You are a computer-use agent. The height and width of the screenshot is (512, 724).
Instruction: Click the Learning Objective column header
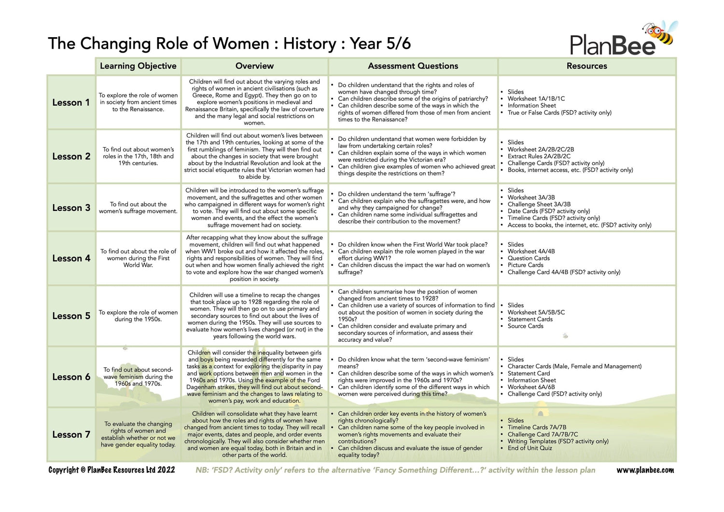[138, 66]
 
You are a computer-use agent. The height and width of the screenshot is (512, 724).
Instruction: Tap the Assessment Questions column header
[413, 66]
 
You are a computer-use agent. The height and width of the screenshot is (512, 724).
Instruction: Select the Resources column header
[586, 66]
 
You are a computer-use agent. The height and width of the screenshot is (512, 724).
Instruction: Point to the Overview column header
[254, 66]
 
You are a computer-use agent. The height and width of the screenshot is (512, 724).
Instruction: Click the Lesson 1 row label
[71, 102]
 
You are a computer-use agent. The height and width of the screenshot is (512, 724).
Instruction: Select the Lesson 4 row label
[71, 258]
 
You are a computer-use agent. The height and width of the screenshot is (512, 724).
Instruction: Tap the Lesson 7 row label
[71, 434]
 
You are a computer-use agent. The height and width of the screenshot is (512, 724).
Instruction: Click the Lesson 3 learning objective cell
[138, 208]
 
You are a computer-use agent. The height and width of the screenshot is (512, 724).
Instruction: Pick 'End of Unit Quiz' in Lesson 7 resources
[530, 448]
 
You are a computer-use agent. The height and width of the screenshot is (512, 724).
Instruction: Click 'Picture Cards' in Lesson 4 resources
[525, 265]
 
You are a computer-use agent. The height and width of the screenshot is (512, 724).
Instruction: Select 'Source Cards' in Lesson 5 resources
[525, 326]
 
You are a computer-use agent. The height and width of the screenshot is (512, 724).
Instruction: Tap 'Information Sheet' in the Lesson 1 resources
[531, 105]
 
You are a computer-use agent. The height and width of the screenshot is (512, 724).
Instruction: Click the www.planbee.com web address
[645, 470]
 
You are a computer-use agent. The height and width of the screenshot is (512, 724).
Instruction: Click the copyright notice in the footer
[111, 470]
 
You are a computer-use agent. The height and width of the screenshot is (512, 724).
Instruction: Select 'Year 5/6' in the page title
[380, 43]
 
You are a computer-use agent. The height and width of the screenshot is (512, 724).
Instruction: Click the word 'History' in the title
[310, 43]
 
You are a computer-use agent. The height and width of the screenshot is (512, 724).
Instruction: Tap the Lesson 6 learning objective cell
[138, 376]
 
